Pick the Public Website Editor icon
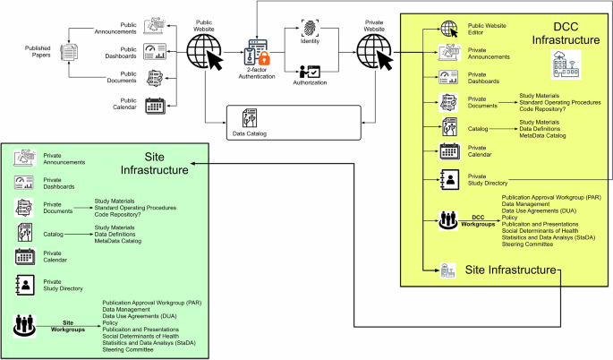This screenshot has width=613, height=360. pos(448,29)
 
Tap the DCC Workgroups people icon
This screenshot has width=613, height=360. pos(448,219)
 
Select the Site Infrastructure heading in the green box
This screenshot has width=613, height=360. pos(155,161)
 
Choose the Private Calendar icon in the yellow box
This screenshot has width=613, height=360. pos(448,150)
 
